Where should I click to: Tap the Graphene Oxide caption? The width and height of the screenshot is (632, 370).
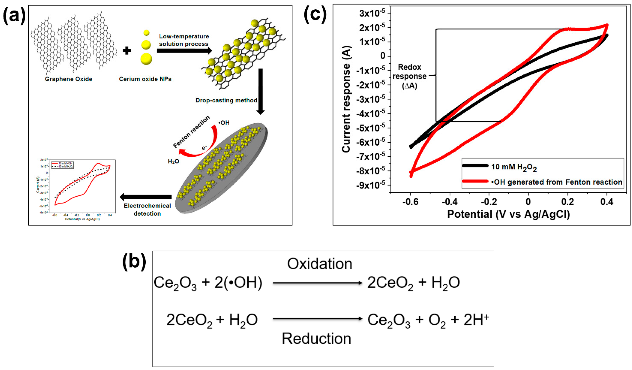tap(68, 79)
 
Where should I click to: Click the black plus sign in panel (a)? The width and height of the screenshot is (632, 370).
tap(127, 51)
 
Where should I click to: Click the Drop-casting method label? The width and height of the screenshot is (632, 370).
tap(226, 100)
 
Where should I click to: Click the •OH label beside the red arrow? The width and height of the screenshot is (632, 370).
tap(224, 123)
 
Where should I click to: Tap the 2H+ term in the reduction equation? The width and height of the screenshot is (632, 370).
tap(476, 320)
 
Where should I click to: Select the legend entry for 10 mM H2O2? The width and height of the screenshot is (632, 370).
tap(514, 167)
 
